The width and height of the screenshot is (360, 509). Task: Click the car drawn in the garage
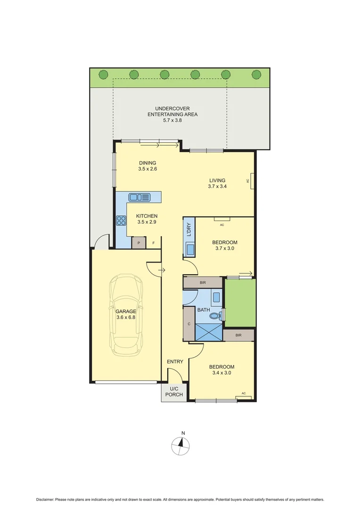(x=126, y=317)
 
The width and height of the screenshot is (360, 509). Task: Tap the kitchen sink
(x=139, y=197)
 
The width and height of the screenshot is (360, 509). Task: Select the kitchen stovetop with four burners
(x=121, y=220)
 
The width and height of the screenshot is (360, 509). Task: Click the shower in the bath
(x=208, y=331)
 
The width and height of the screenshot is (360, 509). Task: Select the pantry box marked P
(x=139, y=243)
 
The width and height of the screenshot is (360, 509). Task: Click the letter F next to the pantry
(x=153, y=243)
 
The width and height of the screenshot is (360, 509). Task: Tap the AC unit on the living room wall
(x=253, y=181)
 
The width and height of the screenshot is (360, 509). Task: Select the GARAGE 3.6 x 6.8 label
(x=125, y=314)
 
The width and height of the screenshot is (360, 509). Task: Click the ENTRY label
(x=175, y=361)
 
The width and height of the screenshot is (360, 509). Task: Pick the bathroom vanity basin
(x=216, y=297)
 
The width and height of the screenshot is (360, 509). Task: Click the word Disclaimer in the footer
(x=45, y=499)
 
